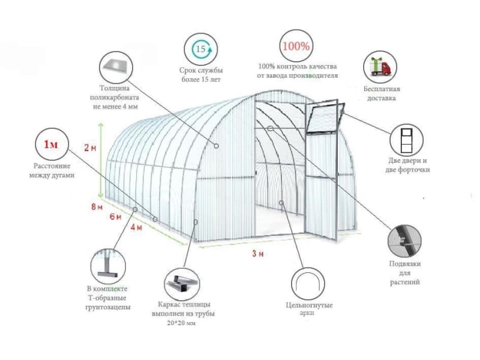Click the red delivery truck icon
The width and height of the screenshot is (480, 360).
click(x=380, y=67)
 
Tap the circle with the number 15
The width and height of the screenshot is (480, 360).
click(x=200, y=49)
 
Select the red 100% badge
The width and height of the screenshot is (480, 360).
click(x=296, y=46)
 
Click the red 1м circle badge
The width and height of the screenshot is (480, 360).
click(x=52, y=144)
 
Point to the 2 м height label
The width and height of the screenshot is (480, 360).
click(x=91, y=148)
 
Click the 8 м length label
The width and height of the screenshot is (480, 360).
click(x=97, y=207)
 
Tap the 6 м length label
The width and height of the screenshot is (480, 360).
click(x=115, y=217)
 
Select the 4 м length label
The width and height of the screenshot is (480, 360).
click(x=136, y=227)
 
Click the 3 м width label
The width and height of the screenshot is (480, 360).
click(x=258, y=253)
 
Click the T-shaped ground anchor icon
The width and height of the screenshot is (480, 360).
click(x=108, y=266)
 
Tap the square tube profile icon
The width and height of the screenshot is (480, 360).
click(x=182, y=284)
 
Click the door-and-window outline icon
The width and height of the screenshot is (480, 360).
click(x=407, y=140)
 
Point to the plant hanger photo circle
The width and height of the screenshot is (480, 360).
click(x=404, y=241)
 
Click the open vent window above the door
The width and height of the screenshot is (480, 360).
click(x=326, y=118)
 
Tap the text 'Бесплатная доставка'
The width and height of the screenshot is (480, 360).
click(x=382, y=94)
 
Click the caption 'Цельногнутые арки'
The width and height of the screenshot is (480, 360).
click(x=309, y=309)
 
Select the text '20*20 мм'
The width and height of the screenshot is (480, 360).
click(x=181, y=323)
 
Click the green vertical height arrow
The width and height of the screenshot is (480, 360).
click(x=100, y=160)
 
